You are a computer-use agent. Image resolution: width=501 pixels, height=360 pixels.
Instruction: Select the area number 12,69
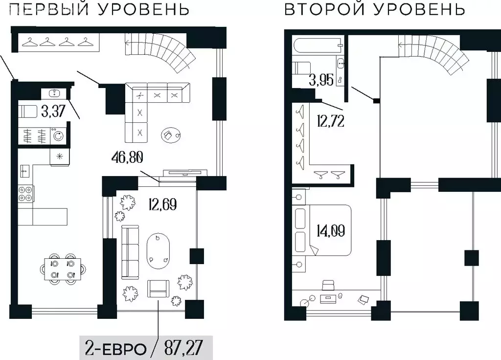click(161, 202)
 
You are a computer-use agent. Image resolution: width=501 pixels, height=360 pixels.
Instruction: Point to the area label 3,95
click(320, 80)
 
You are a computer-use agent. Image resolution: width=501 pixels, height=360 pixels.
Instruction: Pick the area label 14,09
click(331, 229)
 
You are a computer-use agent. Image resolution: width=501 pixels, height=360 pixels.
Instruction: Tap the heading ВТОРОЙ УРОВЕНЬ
click(374, 9)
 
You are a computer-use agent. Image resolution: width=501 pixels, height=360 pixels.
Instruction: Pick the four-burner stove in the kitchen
click(26, 194)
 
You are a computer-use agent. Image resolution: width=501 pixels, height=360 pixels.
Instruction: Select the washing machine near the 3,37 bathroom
click(58, 135)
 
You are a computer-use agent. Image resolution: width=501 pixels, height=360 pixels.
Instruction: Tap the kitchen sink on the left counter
click(25, 171)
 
